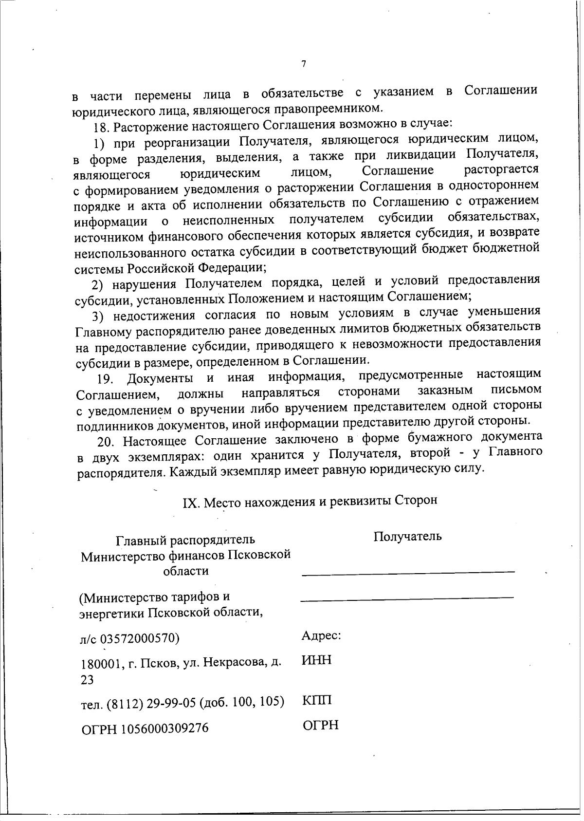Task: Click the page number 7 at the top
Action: [x=303, y=64]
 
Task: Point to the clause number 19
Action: [x=105, y=379]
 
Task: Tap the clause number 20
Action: [x=106, y=443]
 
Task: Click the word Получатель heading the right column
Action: [x=407, y=537]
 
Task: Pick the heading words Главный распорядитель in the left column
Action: [x=185, y=540]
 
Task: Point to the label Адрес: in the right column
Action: [x=321, y=636]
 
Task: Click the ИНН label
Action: [x=317, y=660]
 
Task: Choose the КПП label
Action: [x=317, y=701]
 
